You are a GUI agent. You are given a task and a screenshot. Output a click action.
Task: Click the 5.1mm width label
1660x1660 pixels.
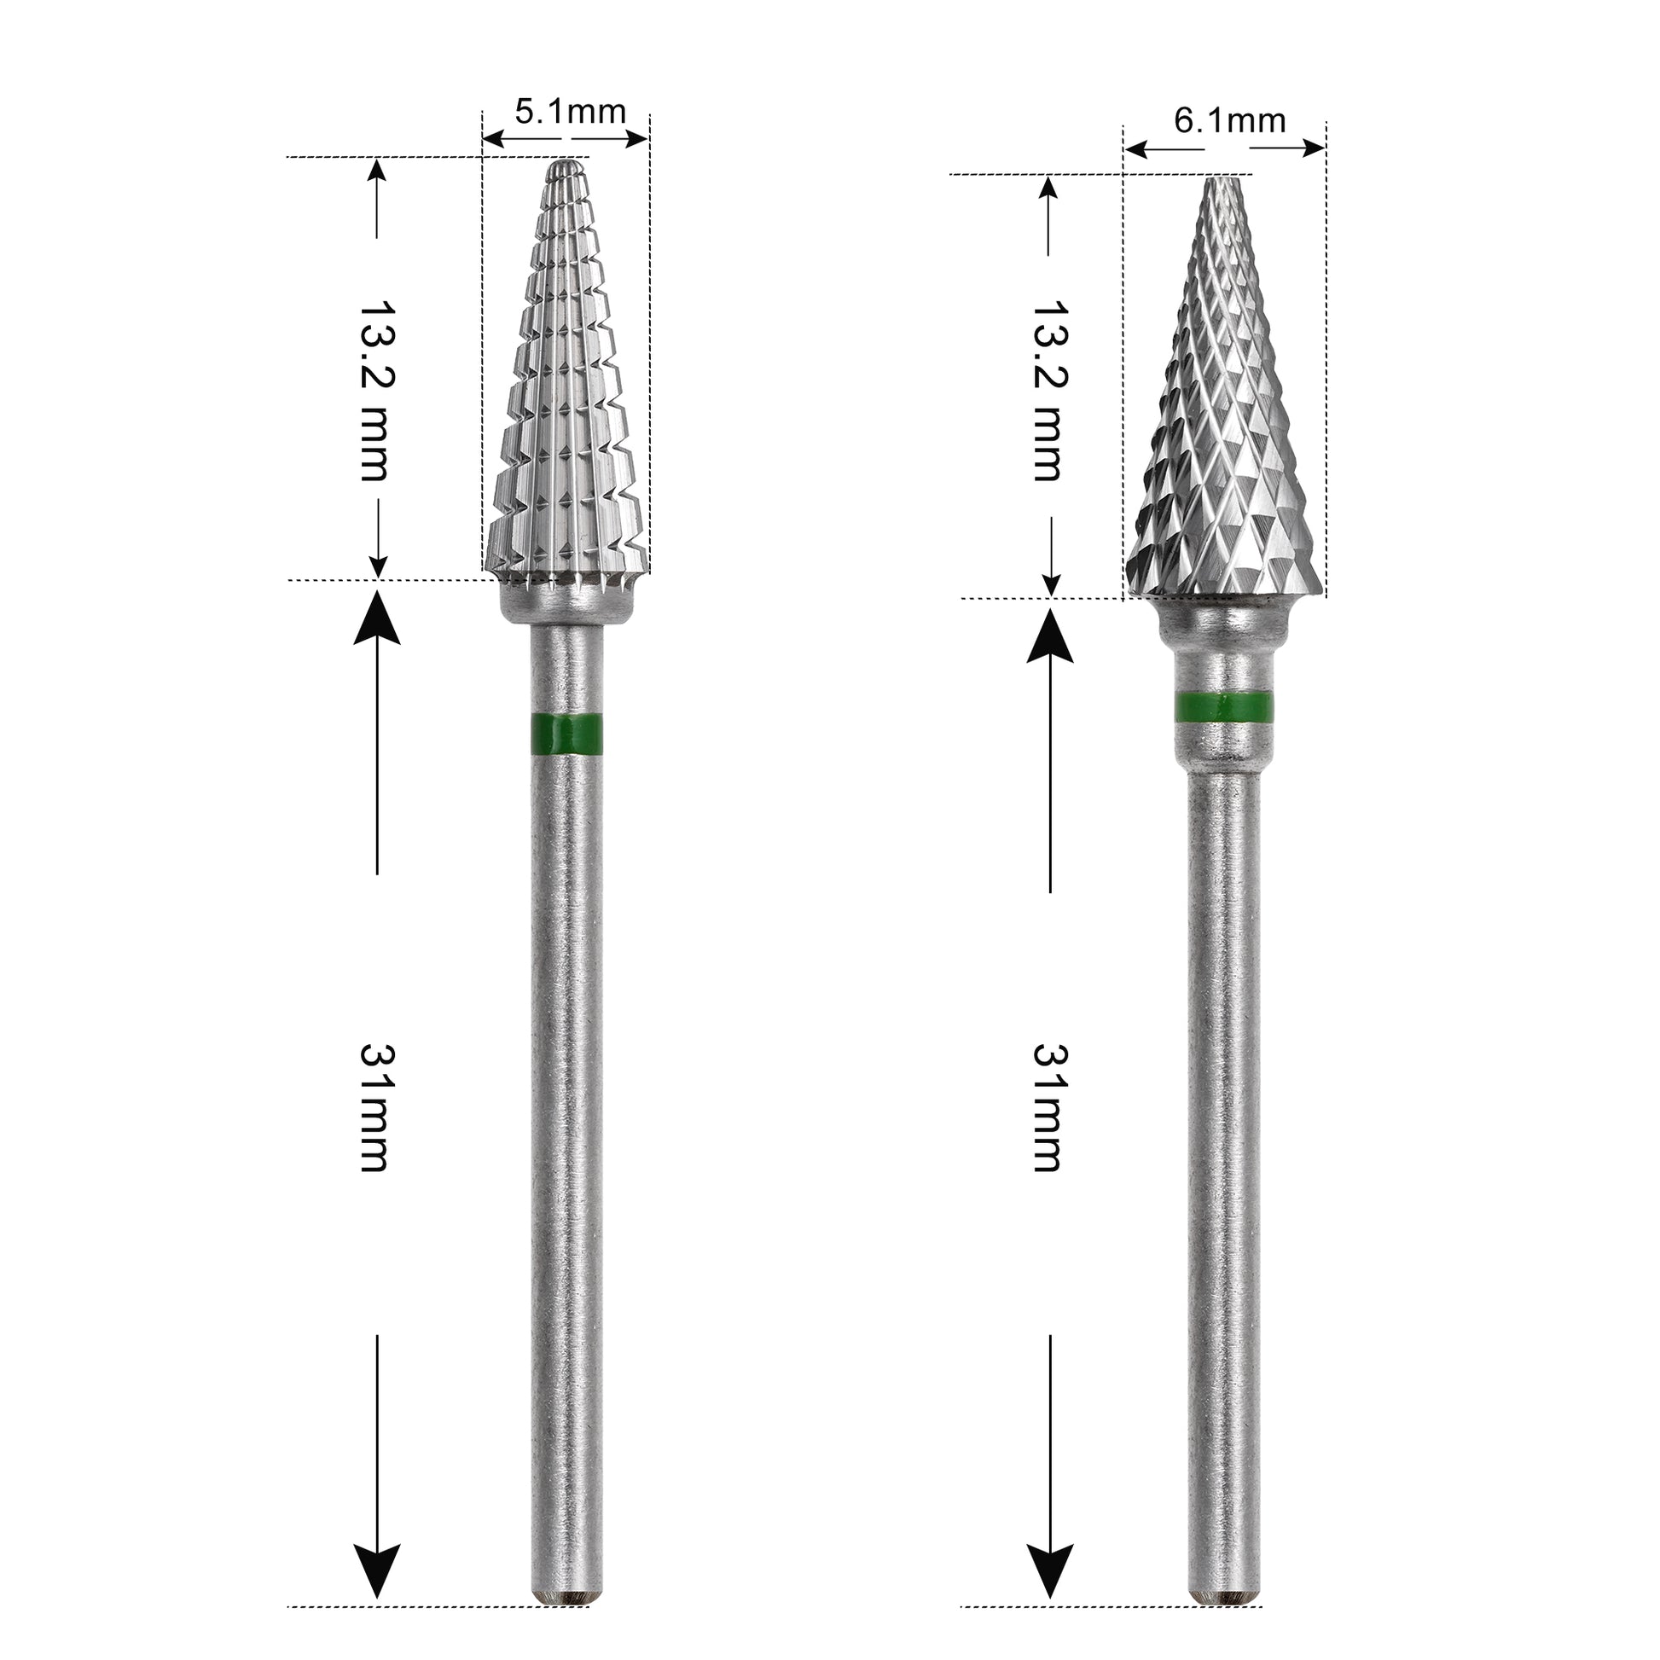tap(571, 111)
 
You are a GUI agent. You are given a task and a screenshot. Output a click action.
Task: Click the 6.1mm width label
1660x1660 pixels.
tap(1229, 121)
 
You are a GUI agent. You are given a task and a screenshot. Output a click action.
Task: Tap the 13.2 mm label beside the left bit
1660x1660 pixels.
tap(375, 390)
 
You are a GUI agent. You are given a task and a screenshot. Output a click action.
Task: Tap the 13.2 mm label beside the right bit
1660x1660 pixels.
tap(1048, 390)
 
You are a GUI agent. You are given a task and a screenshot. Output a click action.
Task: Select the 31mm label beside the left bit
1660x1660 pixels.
tap(375, 1107)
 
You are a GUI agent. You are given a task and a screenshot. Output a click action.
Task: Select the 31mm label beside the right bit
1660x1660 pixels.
tap(1048, 1107)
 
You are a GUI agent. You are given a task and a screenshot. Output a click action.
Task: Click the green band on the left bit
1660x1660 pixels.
tap(566, 734)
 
